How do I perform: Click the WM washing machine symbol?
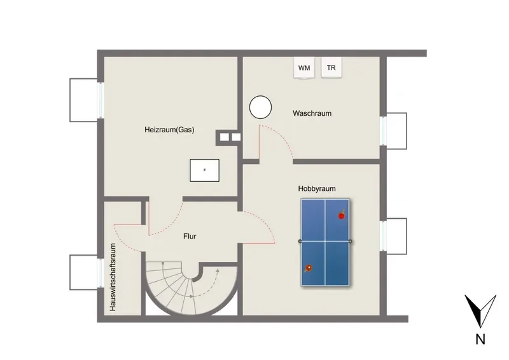304,67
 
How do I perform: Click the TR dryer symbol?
331,67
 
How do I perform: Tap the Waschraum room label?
312,113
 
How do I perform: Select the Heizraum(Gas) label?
169,130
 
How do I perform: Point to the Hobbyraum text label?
317,189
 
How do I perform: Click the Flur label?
190,237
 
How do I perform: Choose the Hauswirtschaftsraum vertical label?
113,277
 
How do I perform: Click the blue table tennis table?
325,242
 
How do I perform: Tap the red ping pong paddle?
342,215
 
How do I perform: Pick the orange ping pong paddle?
308,268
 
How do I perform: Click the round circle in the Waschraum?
260,107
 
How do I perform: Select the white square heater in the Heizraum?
204,170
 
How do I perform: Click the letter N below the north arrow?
480,339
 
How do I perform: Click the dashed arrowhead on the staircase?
217,270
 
